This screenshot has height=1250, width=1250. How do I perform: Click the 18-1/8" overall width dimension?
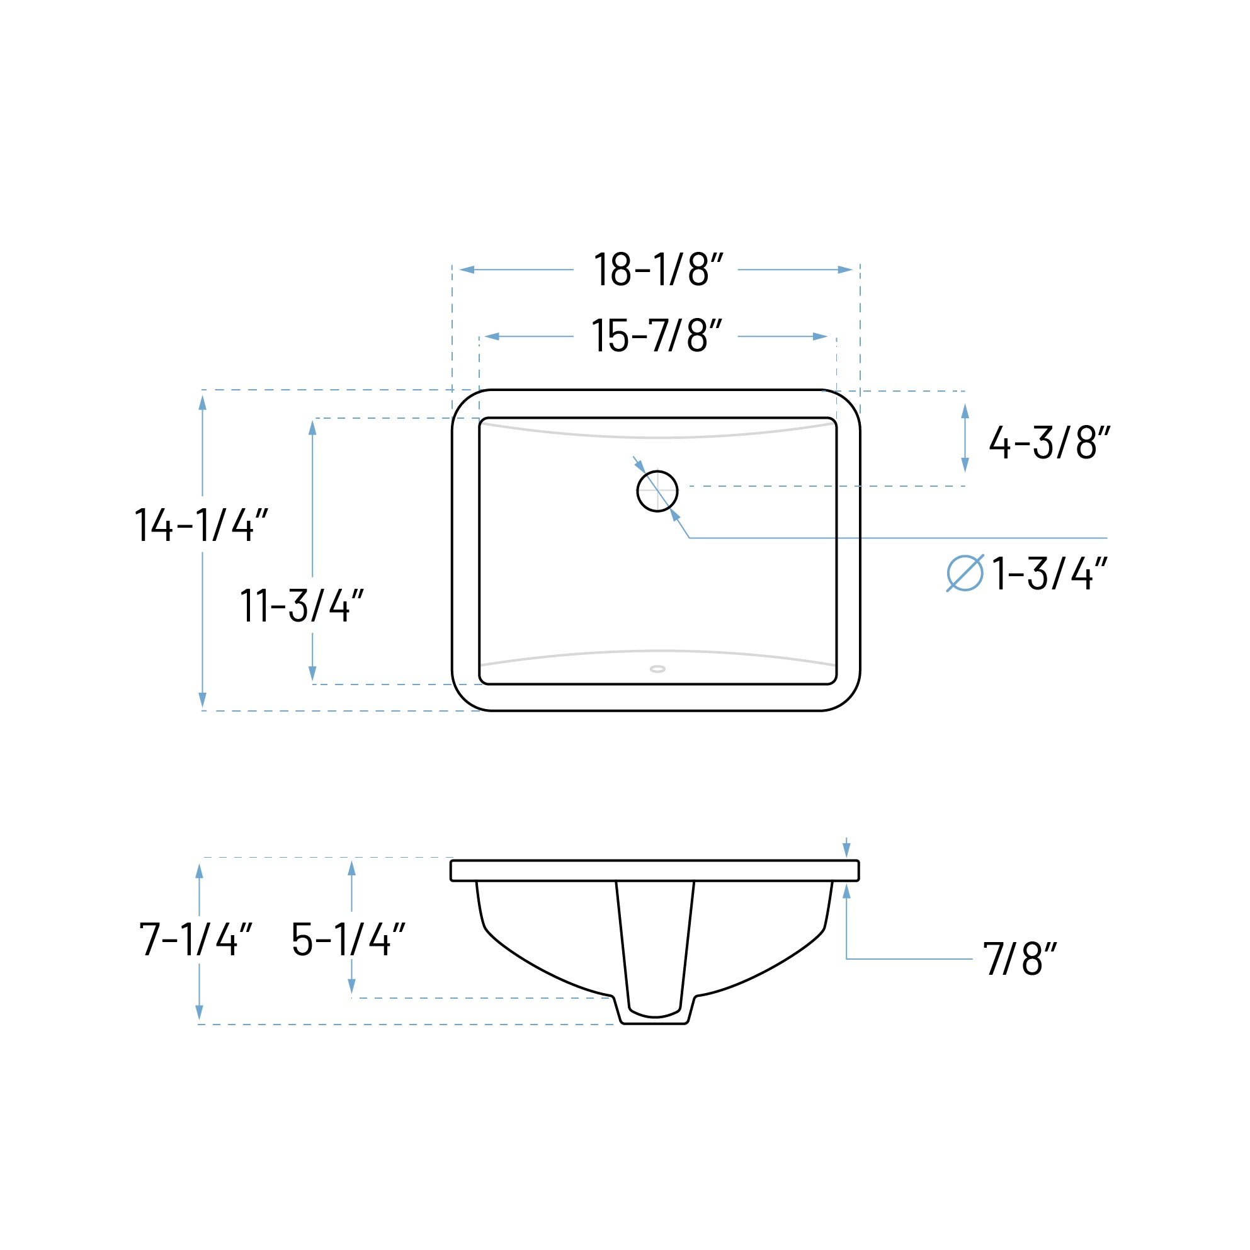[x=657, y=269]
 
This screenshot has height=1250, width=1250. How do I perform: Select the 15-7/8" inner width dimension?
[x=656, y=336]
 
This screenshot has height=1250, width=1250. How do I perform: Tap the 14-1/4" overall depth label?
[x=201, y=525]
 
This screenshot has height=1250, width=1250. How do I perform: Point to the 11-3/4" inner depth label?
[x=302, y=605]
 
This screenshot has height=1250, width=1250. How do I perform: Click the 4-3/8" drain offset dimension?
[x=1048, y=443]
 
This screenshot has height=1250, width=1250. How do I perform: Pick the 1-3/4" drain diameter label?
[x=1049, y=573]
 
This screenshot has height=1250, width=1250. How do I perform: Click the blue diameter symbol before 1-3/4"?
[x=965, y=573]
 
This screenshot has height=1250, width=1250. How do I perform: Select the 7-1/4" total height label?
[x=195, y=940]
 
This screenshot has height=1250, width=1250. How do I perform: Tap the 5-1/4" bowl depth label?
[x=348, y=940]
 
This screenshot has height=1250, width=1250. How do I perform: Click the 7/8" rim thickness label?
[x=1020, y=959]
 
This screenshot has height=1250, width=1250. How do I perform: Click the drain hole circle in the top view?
[x=657, y=492]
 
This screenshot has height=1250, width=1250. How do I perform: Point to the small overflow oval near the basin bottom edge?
[x=657, y=669]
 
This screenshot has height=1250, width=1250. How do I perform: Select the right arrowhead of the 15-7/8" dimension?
[x=820, y=336]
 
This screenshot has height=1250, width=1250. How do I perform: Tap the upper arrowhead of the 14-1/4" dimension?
[x=203, y=403]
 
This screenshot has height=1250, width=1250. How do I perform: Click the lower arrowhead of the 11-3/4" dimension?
[x=312, y=673]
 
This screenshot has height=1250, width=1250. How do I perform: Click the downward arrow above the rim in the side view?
[x=846, y=849]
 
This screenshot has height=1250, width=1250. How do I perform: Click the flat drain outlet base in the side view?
[x=655, y=1023]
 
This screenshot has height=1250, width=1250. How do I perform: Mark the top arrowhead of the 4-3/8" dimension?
[x=965, y=411]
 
